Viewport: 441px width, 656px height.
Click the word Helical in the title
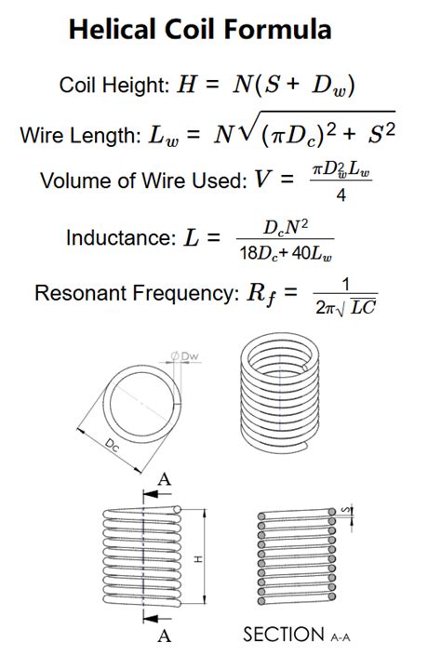(x=114, y=29)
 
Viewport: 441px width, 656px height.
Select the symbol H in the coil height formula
(x=187, y=84)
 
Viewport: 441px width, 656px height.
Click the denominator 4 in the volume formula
(x=341, y=195)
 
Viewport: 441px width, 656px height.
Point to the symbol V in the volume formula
(x=262, y=180)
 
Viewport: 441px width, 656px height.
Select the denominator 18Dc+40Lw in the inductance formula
(x=287, y=253)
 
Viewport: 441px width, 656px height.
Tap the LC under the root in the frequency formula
(x=363, y=308)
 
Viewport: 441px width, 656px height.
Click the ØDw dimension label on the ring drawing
(x=184, y=356)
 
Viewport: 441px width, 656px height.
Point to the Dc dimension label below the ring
(x=113, y=445)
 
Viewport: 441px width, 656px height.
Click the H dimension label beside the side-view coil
(x=198, y=559)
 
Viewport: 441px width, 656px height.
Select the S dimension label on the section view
(x=346, y=510)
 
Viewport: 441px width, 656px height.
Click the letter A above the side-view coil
(x=165, y=478)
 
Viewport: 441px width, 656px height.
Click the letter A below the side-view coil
(x=165, y=636)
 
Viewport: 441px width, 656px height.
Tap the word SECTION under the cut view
(x=284, y=635)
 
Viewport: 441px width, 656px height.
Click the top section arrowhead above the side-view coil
(x=152, y=494)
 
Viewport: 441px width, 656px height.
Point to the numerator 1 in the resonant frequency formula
(x=345, y=285)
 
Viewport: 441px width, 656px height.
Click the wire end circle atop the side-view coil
(x=177, y=509)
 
